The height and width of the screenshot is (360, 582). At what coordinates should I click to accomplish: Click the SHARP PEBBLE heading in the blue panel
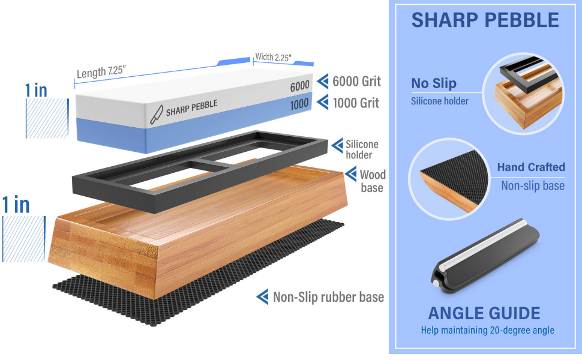[485, 20]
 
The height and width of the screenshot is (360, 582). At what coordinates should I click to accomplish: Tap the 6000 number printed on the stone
[299, 87]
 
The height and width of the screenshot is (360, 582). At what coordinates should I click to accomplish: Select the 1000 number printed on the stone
[299, 104]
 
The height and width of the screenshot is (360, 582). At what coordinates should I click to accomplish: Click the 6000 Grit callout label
[357, 81]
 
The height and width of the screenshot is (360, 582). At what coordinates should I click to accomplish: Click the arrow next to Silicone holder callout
[338, 145]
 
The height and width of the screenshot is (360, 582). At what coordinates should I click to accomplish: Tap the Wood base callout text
[373, 181]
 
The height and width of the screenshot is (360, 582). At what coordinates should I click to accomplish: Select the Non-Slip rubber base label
[328, 297]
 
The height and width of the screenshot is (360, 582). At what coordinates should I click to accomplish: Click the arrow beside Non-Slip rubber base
[262, 296]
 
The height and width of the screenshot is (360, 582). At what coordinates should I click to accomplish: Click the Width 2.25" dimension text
[273, 58]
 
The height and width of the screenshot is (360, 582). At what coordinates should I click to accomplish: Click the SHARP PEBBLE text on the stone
[191, 108]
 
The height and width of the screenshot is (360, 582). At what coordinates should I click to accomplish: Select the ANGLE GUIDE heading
[484, 313]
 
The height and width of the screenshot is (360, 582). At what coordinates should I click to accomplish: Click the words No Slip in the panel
[434, 83]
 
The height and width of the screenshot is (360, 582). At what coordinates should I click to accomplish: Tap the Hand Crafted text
[531, 167]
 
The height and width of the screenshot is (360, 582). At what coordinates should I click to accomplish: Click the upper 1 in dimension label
[36, 90]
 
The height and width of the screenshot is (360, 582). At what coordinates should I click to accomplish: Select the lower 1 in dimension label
[17, 205]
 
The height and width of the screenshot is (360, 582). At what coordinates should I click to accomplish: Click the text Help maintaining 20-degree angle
[487, 331]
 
